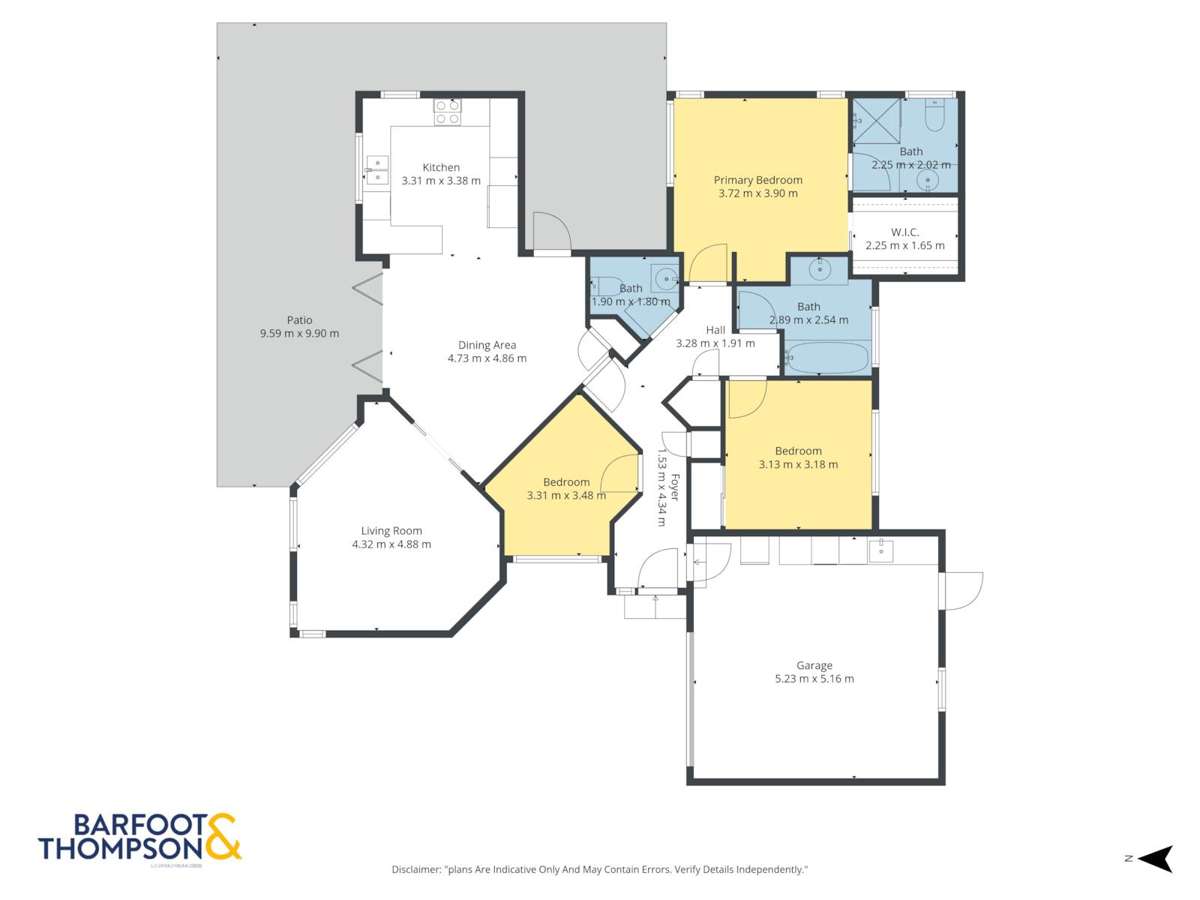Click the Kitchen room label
click(441, 167)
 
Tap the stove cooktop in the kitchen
click(447, 112)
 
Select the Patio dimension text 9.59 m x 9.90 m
click(299, 334)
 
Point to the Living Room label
click(391, 531)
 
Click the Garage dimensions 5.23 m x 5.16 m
click(814, 679)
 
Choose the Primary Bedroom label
click(758, 180)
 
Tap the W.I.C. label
click(904, 232)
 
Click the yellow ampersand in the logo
click(223, 837)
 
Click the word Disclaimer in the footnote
click(416, 870)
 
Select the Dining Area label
click(487, 345)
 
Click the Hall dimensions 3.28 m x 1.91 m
click(715, 343)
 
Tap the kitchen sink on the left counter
click(377, 171)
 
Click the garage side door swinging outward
click(962, 589)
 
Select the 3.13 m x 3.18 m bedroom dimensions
click(798, 464)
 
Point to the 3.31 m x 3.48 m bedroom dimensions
click(566, 495)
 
